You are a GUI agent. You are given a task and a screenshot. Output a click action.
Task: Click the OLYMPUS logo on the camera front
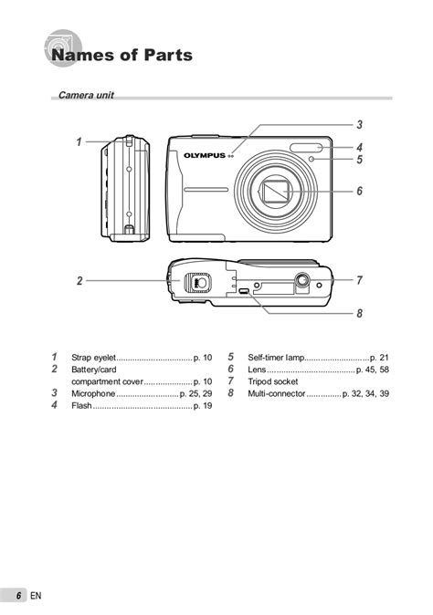tap(205, 156)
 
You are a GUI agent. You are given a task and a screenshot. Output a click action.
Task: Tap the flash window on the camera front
tap(307, 148)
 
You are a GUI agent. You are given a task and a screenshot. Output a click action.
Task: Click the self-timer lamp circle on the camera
tap(312, 160)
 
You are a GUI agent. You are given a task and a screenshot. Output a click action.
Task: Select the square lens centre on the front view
tap(277, 192)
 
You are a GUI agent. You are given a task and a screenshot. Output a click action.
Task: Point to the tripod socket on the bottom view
tap(302, 280)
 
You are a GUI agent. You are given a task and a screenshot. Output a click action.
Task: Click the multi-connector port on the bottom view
tap(244, 291)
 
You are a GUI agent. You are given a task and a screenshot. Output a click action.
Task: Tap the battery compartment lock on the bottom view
tap(198, 282)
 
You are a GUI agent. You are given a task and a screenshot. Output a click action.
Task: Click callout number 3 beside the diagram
tap(359, 125)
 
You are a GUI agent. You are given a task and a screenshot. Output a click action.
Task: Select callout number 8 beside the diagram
tap(359, 313)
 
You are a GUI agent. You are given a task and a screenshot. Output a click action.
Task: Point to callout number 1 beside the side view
tap(79, 141)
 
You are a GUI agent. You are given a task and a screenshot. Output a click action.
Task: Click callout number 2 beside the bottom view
tap(79, 281)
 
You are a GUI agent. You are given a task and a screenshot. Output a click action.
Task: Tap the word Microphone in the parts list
tap(93, 393)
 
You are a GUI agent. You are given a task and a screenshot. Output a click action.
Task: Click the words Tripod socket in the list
tap(273, 381)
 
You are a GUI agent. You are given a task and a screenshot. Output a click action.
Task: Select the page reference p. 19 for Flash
tap(203, 405)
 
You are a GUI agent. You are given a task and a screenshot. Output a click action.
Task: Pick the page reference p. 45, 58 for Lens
tap(373, 370)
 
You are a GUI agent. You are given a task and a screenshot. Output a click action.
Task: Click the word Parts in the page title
tap(168, 55)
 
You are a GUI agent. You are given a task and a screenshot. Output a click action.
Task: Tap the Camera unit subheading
tap(86, 95)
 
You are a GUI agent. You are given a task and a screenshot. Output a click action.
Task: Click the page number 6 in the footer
tap(18, 596)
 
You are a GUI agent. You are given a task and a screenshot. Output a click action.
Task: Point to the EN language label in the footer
tap(36, 596)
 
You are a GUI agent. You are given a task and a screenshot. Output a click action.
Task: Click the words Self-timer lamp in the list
tap(276, 358)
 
